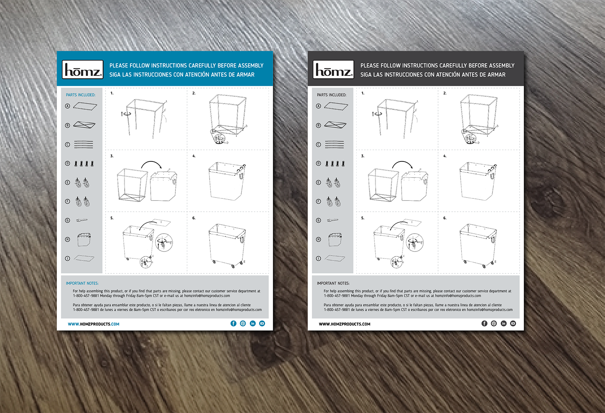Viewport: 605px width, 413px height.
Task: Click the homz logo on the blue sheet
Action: (83, 70)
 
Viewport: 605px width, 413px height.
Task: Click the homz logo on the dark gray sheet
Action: (334, 70)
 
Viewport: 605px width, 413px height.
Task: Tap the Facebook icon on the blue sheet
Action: (233, 323)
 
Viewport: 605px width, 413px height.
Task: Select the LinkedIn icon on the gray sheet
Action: (503, 323)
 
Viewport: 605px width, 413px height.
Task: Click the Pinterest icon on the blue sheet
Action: (243, 323)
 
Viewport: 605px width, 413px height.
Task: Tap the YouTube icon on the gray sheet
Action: (513, 323)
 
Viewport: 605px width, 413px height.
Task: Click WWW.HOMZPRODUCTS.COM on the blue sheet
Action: (93, 324)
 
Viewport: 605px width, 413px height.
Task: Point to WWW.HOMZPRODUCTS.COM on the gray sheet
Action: (344, 324)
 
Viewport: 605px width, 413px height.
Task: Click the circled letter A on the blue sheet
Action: (68, 106)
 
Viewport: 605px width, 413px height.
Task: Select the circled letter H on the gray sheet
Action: (319, 239)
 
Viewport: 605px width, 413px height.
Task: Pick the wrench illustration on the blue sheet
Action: (82, 220)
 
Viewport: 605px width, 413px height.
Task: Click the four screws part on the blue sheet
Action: (84, 163)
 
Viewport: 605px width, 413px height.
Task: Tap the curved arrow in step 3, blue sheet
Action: (151, 164)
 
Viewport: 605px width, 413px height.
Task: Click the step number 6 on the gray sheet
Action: (445, 218)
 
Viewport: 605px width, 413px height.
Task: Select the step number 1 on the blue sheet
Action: (112, 93)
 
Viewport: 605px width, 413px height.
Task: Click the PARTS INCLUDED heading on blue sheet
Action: (81, 95)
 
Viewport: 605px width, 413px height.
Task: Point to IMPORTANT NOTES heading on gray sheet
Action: (333, 283)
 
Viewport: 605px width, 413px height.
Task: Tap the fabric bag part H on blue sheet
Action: (84, 239)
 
